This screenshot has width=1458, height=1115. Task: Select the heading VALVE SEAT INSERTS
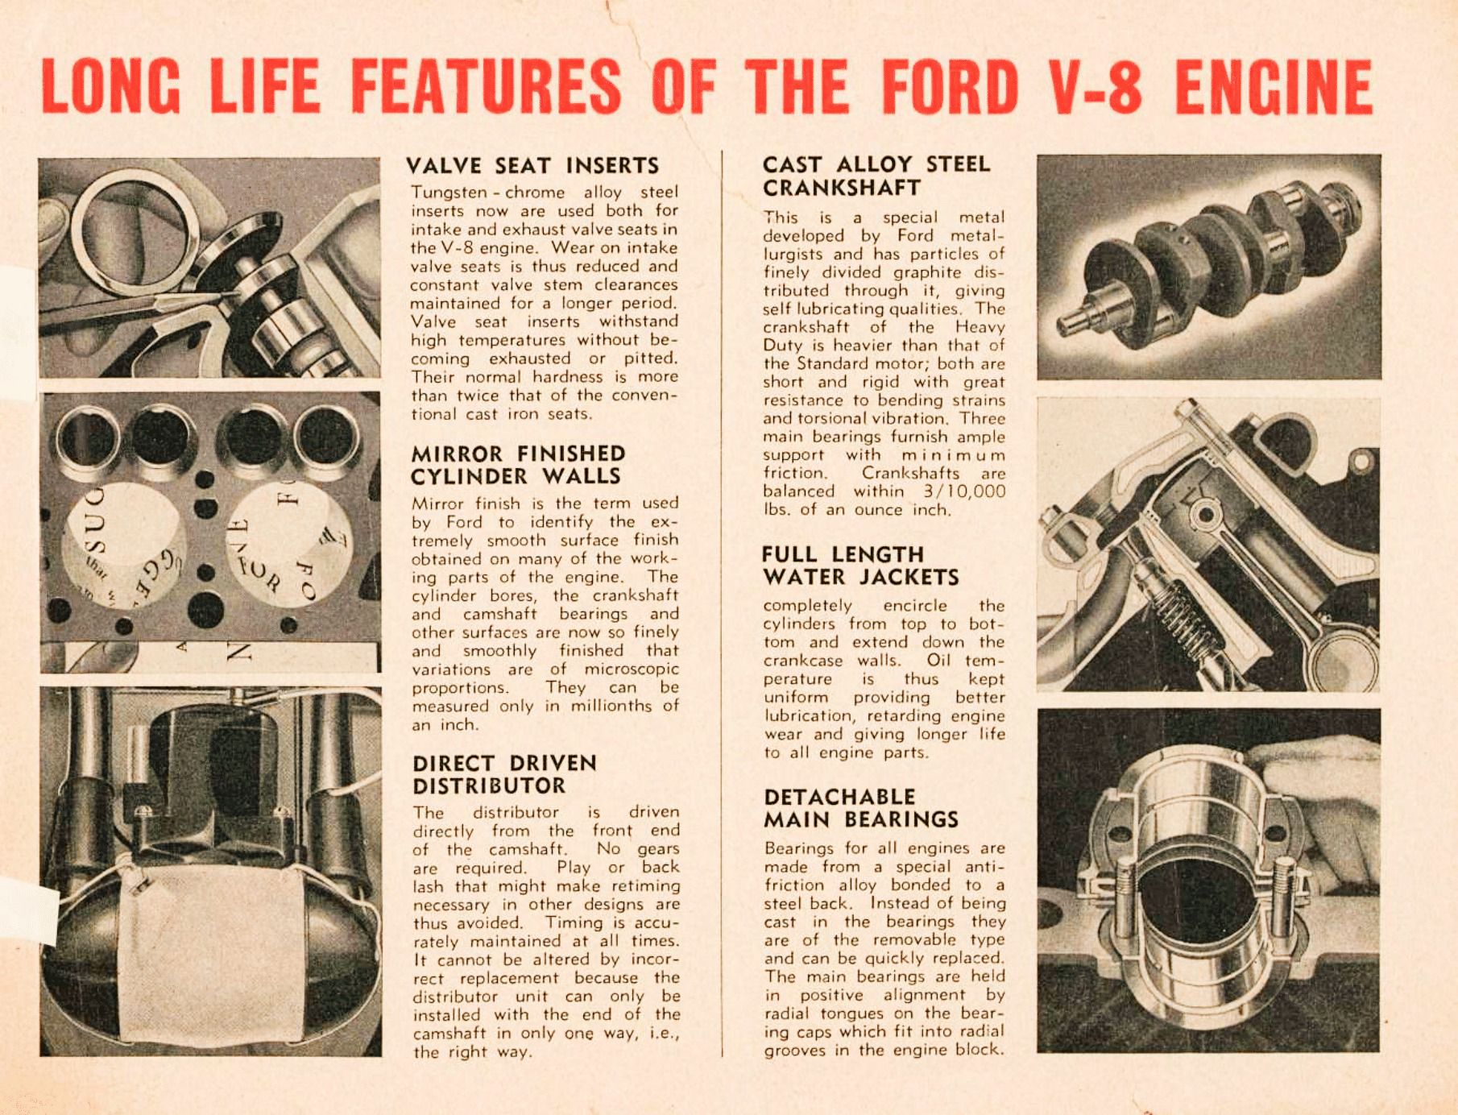[532, 166]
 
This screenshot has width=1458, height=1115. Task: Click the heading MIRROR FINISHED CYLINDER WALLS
[517, 465]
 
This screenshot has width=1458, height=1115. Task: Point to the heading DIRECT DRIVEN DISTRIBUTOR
[504, 774]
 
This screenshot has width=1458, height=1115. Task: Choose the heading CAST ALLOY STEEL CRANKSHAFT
[876, 176]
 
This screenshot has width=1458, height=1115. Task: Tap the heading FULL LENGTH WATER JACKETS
[859, 566]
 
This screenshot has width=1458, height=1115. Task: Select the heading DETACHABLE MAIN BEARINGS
[860, 808]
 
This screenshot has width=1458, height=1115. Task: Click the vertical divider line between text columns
[722, 604]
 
